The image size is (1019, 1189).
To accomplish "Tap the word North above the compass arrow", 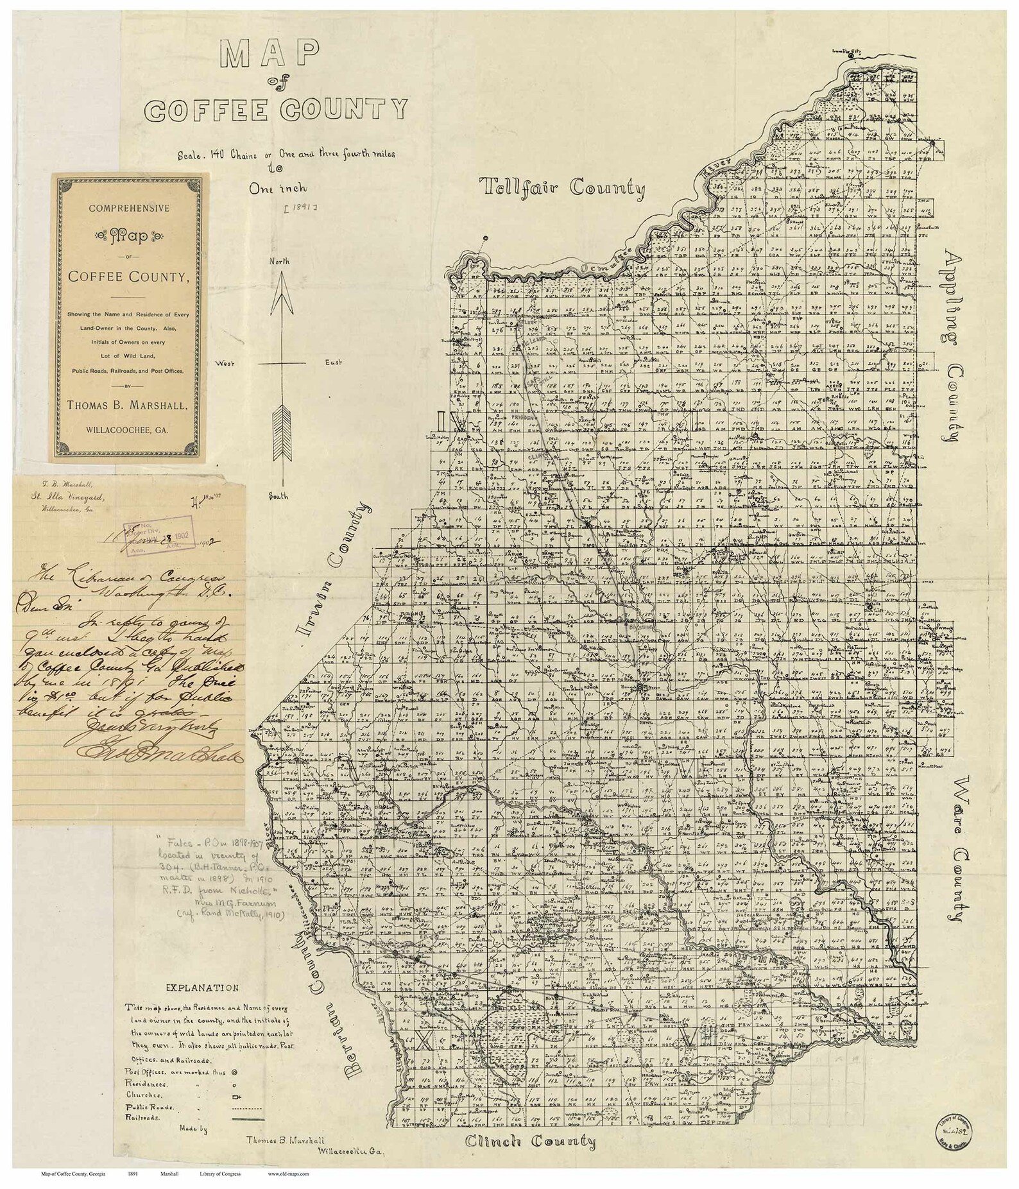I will [x=279, y=262].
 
